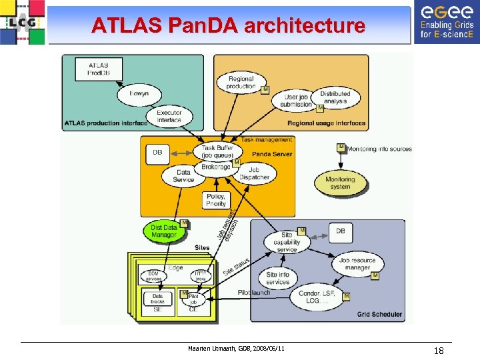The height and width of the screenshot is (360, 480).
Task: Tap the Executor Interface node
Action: click(169, 117)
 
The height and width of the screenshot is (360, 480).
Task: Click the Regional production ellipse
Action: click(241, 83)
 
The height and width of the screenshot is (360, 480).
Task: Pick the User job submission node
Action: click(296, 101)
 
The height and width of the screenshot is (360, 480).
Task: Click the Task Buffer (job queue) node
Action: click(217, 151)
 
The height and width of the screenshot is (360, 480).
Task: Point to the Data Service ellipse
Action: click(183, 175)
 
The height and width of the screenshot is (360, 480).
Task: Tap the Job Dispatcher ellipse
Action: click(254, 174)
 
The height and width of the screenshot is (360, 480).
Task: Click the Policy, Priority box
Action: click(216, 201)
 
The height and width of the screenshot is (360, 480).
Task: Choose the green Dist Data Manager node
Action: click(164, 231)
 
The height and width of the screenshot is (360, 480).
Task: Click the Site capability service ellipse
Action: click(287, 242)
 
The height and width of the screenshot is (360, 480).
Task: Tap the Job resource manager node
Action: click(357, 264)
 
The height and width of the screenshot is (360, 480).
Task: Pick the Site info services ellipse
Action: click(277, 278)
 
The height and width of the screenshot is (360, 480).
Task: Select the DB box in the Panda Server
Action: click(157, 153)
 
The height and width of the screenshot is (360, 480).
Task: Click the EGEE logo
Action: click(446, 22)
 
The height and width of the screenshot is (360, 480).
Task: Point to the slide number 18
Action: click(439, 351)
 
